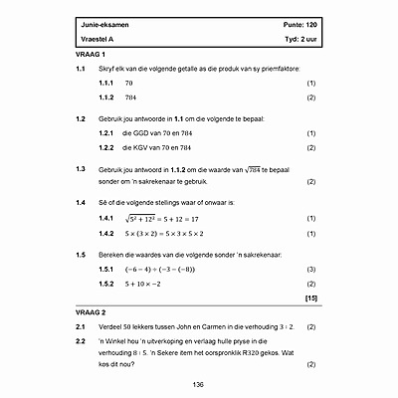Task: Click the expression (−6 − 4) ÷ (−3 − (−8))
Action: click(x=173, y=269)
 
